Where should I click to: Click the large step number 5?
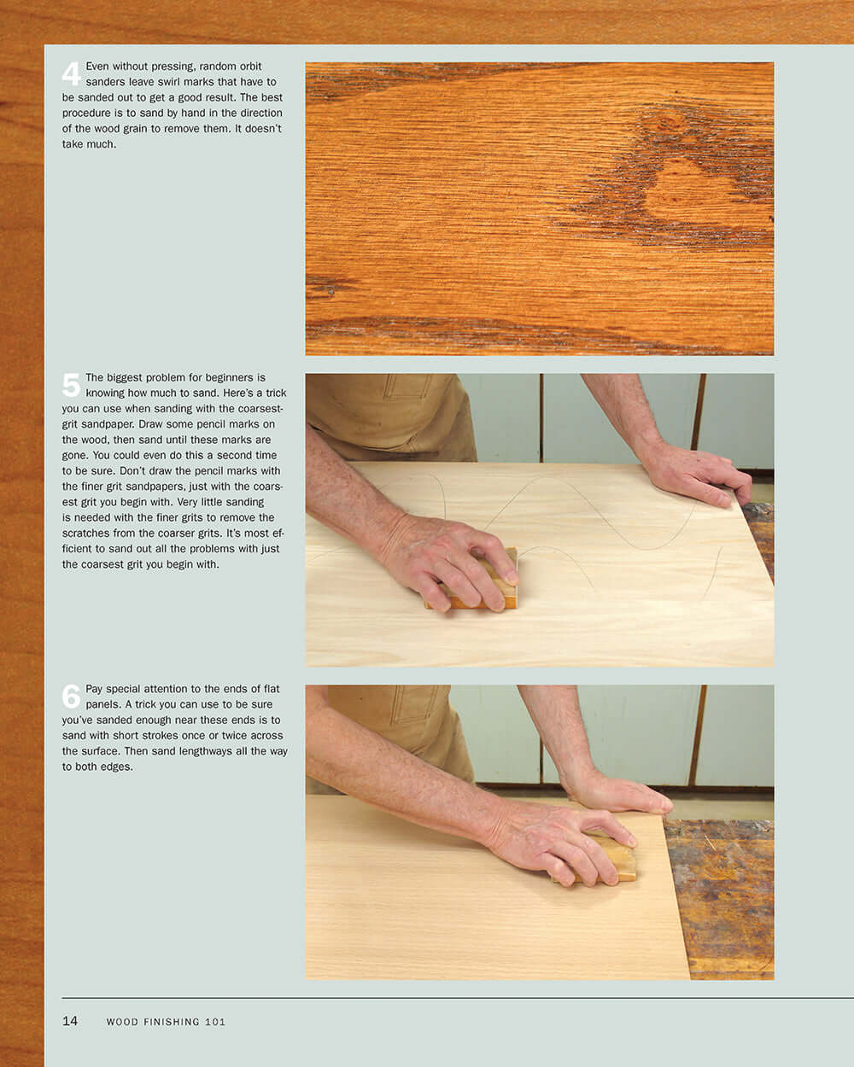click(71, 385)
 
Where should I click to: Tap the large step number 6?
click(71, 697)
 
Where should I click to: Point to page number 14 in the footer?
click(70, 1021)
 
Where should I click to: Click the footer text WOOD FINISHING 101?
click(166, 1022)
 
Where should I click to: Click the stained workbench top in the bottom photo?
click(722, 896)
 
